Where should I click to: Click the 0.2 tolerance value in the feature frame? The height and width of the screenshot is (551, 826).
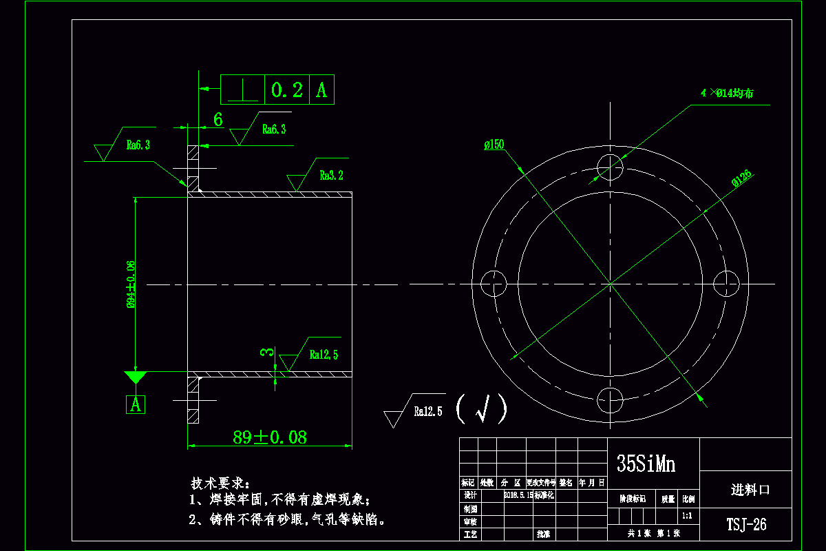287,90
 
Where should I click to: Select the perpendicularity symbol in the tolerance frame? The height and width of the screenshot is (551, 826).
242,90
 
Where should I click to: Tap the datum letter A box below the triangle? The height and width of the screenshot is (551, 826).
136,404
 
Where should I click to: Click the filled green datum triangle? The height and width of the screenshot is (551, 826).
136,377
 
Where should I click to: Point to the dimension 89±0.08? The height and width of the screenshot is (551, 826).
269,437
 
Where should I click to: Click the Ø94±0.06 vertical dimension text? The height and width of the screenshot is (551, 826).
131,284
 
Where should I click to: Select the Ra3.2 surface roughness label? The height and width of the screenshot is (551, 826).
331,176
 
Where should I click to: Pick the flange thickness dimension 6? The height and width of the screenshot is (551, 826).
218,120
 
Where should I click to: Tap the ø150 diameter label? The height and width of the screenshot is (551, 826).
494,145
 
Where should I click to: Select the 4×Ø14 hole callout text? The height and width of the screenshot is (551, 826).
726,93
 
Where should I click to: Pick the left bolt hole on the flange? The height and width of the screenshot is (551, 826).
493,283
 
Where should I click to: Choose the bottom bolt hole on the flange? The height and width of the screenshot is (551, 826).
610,399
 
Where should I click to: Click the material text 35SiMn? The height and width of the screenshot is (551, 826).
646,464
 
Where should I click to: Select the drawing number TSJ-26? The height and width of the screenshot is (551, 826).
746,525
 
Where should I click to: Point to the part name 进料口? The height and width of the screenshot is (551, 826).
750,490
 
